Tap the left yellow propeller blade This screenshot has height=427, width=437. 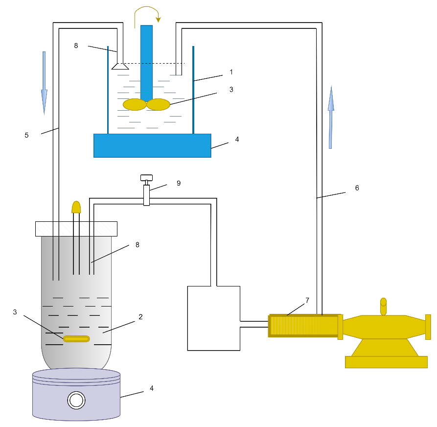[135, 104]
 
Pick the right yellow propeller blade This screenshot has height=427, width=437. [159, 104]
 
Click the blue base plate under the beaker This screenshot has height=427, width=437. [152, 145]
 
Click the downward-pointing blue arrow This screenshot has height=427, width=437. [44, 83]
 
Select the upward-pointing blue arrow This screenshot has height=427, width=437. [331, 118]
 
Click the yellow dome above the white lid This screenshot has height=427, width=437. [76, 207]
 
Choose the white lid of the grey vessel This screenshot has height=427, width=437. [76, 229]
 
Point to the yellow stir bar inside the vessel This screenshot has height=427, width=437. [76, 339]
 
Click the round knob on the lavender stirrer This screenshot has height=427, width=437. [76, 400]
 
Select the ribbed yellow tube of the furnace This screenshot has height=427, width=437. [303, 326]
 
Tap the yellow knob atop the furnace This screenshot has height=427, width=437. [383, 306]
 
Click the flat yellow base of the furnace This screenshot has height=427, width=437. [386, 362]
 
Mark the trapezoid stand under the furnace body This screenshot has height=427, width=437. [385, 347]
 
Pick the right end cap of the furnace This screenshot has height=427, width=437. [428, 327]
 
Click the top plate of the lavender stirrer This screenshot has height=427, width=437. [76, 374]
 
